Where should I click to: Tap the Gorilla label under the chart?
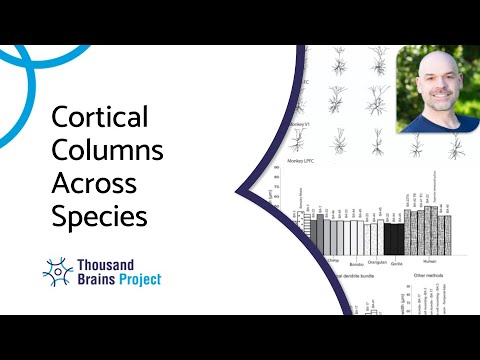pos(397,263)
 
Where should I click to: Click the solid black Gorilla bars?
pos(394,238)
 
